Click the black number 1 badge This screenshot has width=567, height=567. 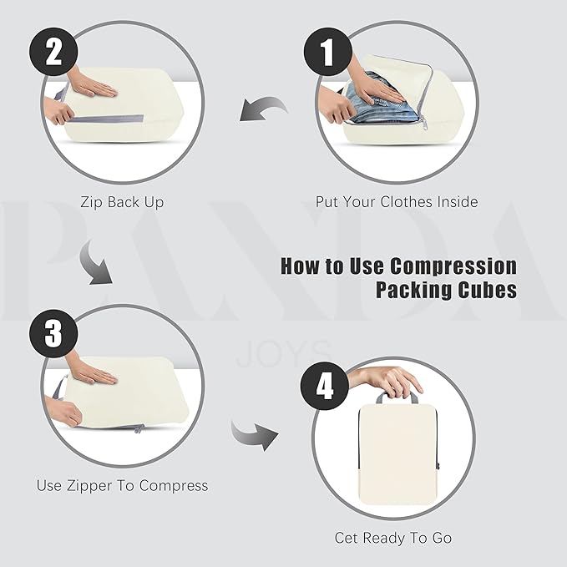pos(327,52)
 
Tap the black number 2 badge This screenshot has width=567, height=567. pos(53,52)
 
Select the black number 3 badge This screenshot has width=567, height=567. pos(53,333)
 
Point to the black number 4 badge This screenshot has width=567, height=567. pos(325,386)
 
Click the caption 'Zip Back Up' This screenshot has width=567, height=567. pos(122,202)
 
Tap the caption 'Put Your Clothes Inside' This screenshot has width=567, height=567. pos(397,201)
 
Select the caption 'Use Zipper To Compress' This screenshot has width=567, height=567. pos(122,486)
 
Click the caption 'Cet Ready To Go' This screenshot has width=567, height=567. pos(393,538)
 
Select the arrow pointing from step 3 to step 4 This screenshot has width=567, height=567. pos(254,435)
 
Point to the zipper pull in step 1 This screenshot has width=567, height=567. pos(423,124)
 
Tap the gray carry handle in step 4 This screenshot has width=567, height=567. pos(397,397)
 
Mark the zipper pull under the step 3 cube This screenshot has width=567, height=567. pos(138,429)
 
